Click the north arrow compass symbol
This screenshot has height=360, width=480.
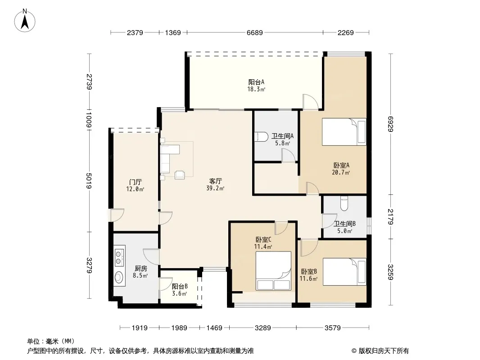pyautogui.click(x=25, y=21)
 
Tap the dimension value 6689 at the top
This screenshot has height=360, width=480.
pyautogui.click(x=255, y=32)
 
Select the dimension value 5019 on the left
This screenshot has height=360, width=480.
pyautogui.click(x=89, y=181)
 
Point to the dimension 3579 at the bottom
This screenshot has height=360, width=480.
pyautogui.click(x=332, y=328)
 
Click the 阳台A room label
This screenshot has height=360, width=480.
pyautogui.click(x=256, y=82)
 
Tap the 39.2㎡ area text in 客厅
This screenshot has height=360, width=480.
pyautogui.click(x=215, y=189)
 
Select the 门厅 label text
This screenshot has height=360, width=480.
pyautogui.click(x=135, y=182)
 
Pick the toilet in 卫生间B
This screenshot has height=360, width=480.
pyautogui.click(x=344, y=203)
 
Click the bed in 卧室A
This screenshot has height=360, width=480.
pyautogui.click(x=344, y=132)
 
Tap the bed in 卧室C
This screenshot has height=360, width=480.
pyautogui.click(x=273, y=271)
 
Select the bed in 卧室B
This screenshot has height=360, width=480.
pyautogui.click(x=344, y=272)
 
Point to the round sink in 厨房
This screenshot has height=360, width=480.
pyautogui.click(x=118, y=277)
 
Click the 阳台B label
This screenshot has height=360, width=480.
pyautogui.click(x=180, y=287)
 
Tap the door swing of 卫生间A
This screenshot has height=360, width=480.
pyautogui.click(x=288, y=155)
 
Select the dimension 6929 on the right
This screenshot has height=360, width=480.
pyautogui.click(x=390, y=124)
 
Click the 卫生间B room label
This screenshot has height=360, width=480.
pyautogui.click(x=345, y=224)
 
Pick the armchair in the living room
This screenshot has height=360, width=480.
pyautogui.click(x=180, y=175)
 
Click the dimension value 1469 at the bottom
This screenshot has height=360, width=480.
pyautogui.click(x=214, y=328)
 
